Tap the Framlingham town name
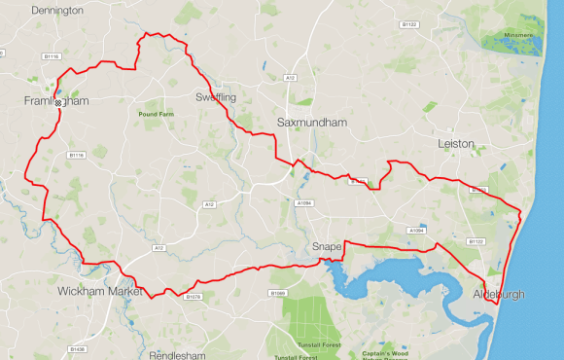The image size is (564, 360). coord(56,100)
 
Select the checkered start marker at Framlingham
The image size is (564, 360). coord(58,102)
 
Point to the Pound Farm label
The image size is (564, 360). coord(156,115)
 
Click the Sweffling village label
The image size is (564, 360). coord(215,97)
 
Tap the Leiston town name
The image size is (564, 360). coord(456,143)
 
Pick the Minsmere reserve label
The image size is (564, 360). coord(519,36)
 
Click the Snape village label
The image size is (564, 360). coord(327,247)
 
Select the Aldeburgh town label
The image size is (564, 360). coord(498,294)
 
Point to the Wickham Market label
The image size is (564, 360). coord(100,291)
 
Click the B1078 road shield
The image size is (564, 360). coord(193,296)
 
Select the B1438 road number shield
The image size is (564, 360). coord(78,348)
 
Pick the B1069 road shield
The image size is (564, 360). coord(278,292)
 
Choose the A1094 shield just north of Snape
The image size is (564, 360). coord(304,203)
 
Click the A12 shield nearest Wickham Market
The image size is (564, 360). coord(159,248)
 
